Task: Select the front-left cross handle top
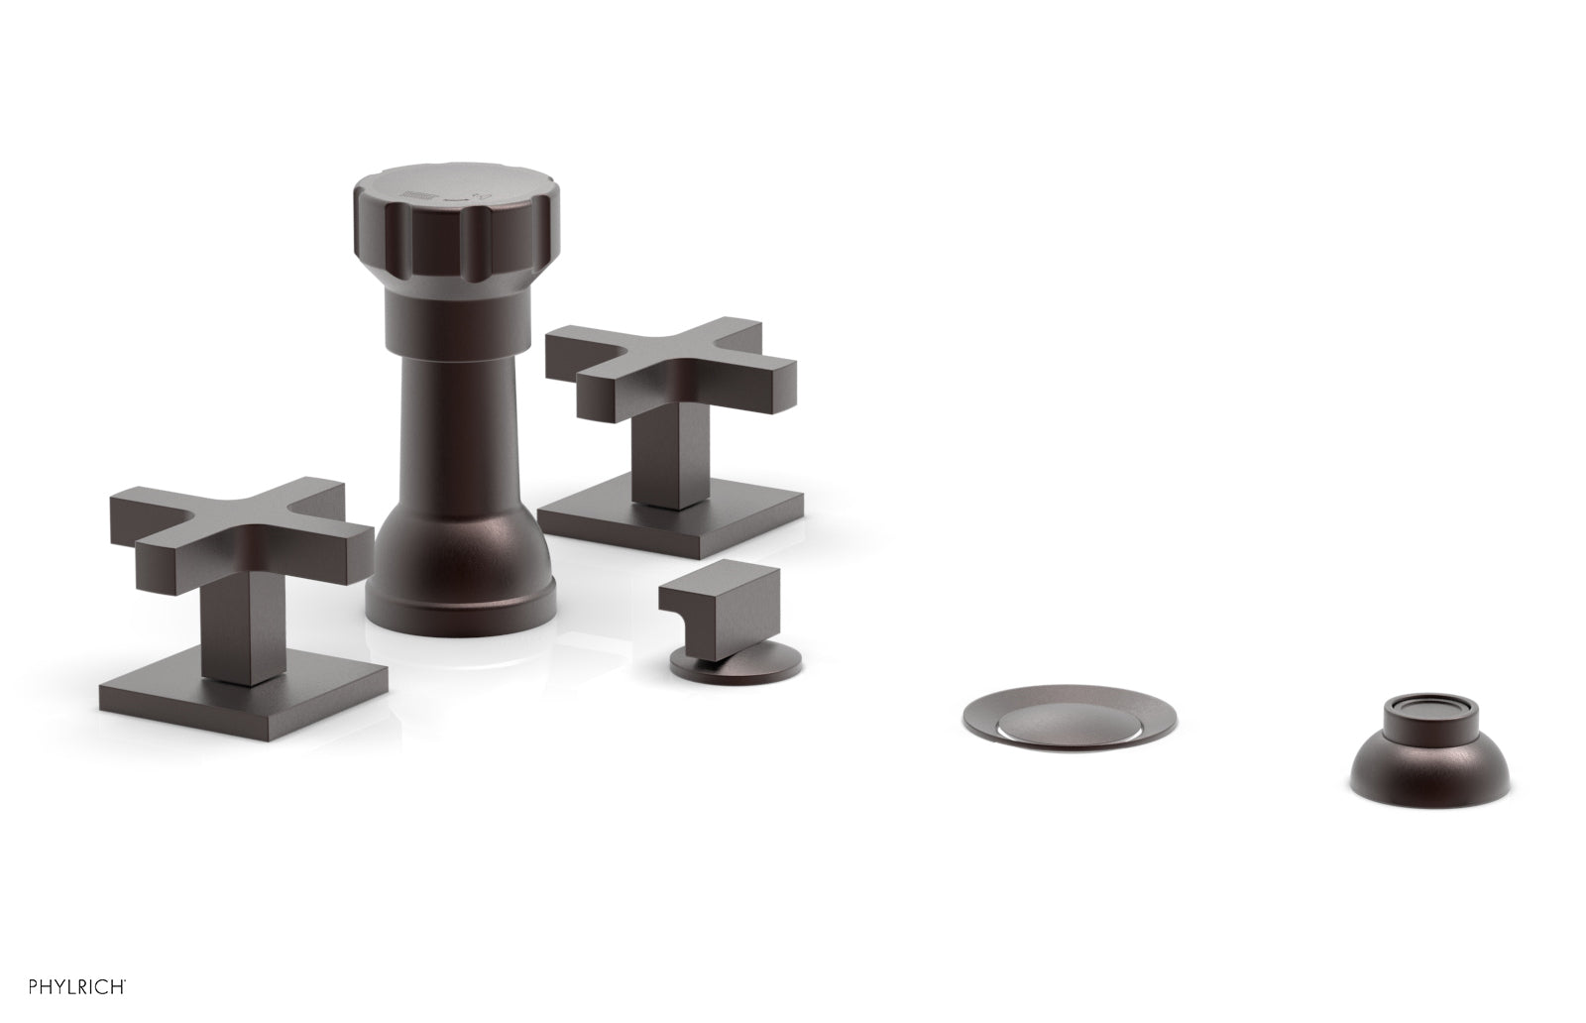pos(238,525)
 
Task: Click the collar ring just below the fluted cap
pos(441,297)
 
